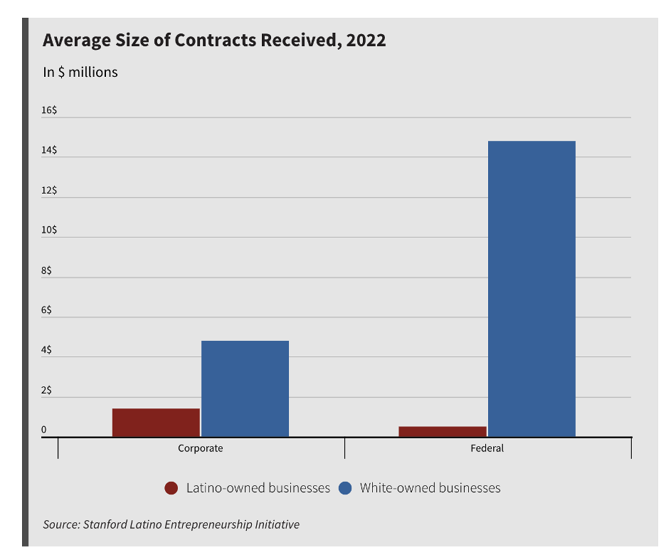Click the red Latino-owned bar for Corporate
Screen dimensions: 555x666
point(156,423)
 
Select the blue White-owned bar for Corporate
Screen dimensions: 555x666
point(245,388)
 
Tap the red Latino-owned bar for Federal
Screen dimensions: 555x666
point(443,431)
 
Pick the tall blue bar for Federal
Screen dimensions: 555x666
point(532,289)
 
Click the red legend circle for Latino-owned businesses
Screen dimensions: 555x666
point(171,488)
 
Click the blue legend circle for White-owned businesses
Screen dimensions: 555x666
point(345,488)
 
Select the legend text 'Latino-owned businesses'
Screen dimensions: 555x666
point(258,488)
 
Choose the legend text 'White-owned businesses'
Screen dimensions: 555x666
point(430,488)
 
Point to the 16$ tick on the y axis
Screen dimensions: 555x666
point(49,110)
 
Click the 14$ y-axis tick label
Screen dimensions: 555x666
point(49,150)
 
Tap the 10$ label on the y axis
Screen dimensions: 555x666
point(49,231)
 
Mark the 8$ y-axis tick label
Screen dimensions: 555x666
point(46,270)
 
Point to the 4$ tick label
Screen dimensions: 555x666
point(46,350)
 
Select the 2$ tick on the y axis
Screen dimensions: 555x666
point(46,391)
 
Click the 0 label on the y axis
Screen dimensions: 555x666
point(43,430)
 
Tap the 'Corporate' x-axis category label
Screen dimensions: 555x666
point(200,448)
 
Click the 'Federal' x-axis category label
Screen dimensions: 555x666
point(487,448)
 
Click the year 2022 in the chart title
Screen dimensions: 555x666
point(366,40)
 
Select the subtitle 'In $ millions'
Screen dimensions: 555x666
point(80,72)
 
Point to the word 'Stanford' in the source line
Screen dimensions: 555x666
point(105,524)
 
